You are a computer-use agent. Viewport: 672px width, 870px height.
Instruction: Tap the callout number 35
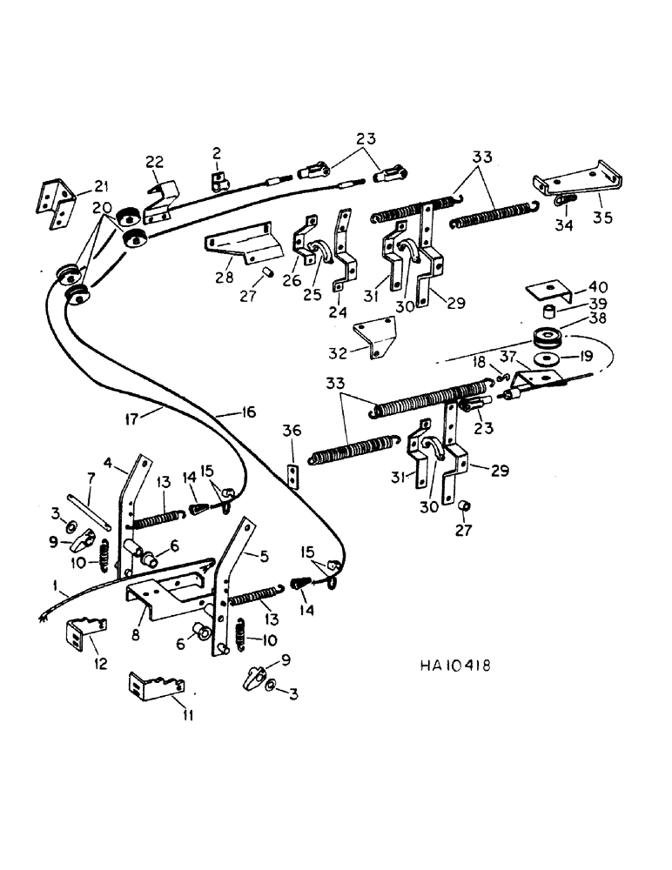601,217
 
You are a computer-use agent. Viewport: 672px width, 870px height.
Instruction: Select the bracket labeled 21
50,205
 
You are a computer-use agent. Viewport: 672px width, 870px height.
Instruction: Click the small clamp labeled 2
220,180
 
